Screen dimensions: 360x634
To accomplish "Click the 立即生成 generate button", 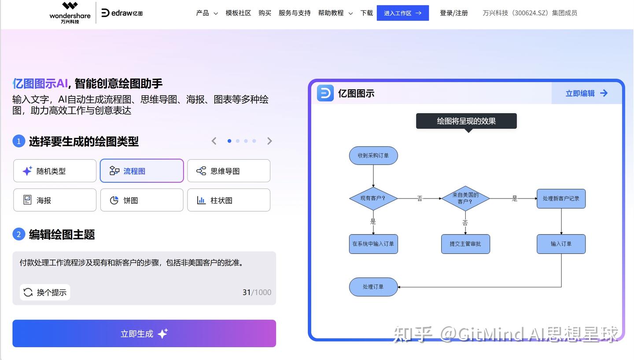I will [x=144, y=334].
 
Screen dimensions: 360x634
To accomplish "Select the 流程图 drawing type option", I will [x=142, y=171].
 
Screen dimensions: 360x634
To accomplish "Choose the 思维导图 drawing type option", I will [x=229, y=171].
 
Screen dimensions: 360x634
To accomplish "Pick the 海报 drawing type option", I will [x=55, y=200].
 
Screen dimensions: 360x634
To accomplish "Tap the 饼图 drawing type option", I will [x=142, y=200].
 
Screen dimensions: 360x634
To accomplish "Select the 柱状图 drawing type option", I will [x=229, y=200].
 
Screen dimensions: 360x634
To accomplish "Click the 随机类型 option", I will [x=55, y=171].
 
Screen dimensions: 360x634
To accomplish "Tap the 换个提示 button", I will [x=45, y=292].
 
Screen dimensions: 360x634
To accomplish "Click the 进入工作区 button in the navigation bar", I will [x=402, y=13].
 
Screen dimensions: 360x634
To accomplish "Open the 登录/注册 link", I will [x=453, y=13].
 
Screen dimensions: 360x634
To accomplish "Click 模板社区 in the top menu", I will [x=238, y=13].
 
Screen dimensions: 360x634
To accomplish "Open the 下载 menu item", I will [x=366, y=13].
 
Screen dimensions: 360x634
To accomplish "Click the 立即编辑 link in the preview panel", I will [x=586, y=93].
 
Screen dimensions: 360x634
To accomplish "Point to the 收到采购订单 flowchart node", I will [x=373, y=156].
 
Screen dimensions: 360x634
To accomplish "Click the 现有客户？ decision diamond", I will [x=373, y=198].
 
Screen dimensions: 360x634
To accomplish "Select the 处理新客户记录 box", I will [x=561, y=198].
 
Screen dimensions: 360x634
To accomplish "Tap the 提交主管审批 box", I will [x=465, y=244].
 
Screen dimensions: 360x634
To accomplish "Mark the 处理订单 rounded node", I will [x=373, y=287].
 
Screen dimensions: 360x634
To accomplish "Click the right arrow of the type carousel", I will [x=269, y=141].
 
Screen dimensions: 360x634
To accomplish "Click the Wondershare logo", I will [x=70, y=12].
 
